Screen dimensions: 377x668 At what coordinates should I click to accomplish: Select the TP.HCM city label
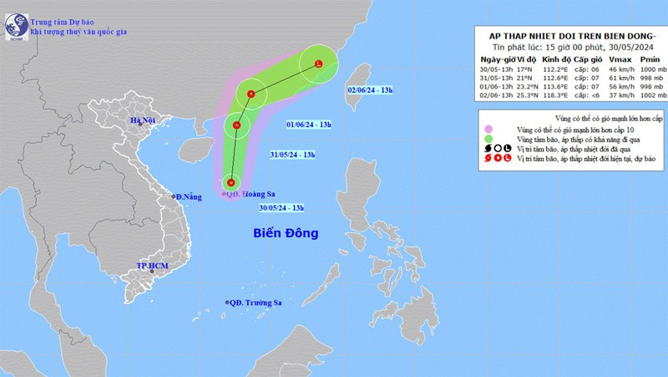point(152,266)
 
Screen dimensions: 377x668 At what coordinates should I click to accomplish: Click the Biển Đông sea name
point(286,232)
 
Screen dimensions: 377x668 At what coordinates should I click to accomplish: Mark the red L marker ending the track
point(319,64)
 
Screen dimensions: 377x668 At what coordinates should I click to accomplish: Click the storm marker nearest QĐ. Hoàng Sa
point(233,183)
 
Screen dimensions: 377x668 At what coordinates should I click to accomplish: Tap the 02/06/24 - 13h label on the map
point(374,88)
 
